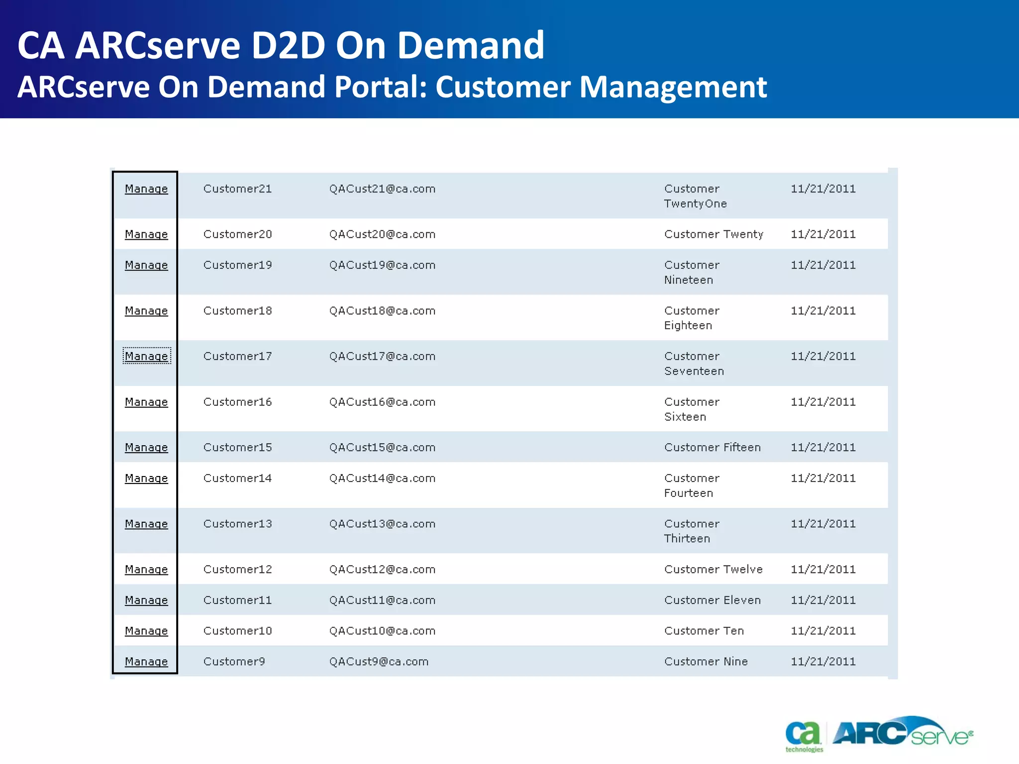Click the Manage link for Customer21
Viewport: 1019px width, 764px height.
pyautogui.click(x=146, y=189)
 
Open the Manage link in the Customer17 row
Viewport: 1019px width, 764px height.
pyautogui.click(x=146, y=356)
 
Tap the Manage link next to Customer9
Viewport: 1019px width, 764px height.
pyautogui.click(x=146, y=662)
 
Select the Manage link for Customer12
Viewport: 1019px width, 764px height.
pyautogui.click(x=146, y=569)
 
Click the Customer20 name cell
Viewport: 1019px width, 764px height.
pyautogui.click(x=237, y=234)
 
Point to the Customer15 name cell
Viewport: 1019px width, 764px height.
pyautogui.click(x=237, y=448)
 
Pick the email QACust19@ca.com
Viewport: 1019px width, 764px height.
pyautogui.click(x=382, y=265)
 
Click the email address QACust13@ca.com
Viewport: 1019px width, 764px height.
pyautogui.click(x=382, y=524)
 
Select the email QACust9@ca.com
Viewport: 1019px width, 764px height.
pyautogui.click(x=379, y=662)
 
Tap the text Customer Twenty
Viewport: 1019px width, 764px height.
pyautogui.click(x=713, y=234)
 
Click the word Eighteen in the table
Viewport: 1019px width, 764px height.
pyautogui.click(x=688, y=325)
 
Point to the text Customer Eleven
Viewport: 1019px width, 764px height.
pyautogui.click(x=713, y=600)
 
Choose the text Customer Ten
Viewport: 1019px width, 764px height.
pyautogui.click(x=704, y=631)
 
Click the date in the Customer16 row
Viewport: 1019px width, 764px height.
pyautogui.click(x=823, y=402)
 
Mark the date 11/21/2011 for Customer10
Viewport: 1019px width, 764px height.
pyautogui.click(x=823, y=631)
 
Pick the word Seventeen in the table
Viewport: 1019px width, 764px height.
pyautogui.click(x=694, y=371)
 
